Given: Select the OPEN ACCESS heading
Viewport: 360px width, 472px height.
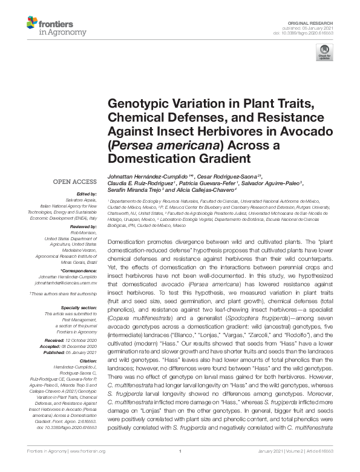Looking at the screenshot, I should (74, 181).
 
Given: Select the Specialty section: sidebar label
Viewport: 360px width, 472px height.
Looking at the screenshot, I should (79, 309).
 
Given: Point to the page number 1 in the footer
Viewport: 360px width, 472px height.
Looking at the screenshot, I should (180, 468).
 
